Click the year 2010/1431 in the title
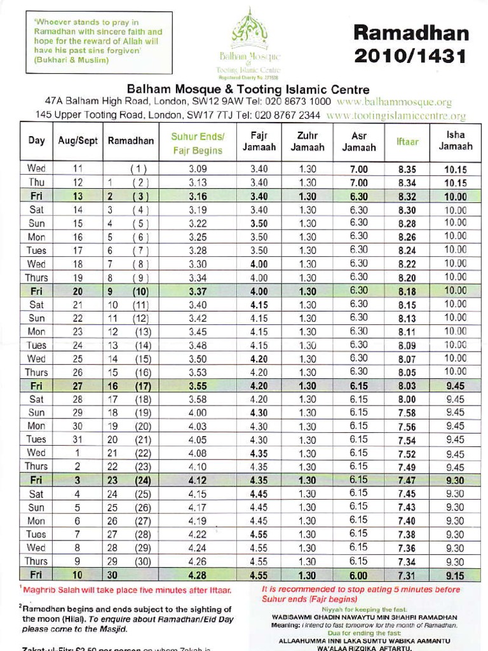411,56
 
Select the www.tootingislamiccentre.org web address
395,116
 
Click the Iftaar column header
407,142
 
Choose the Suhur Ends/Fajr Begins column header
197,144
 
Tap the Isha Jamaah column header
455,141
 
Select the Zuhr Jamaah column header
308,142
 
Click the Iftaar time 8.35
407,170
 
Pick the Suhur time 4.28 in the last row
197,576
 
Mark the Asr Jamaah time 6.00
358,576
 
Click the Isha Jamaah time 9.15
455,576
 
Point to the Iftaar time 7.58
407,413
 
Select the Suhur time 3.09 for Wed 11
197,170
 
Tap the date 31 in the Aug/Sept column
78,440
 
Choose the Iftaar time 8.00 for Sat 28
407,400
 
